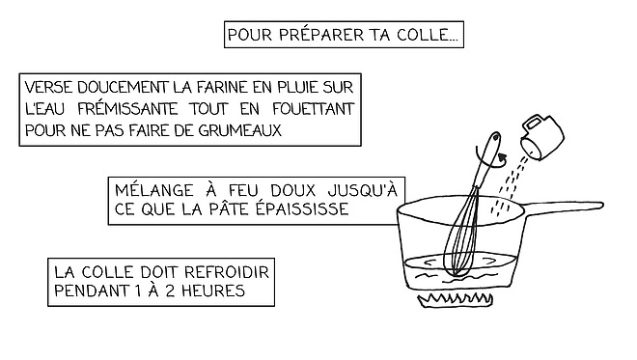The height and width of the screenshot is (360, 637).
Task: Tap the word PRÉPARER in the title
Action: [321, 35]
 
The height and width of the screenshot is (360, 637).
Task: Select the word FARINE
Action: [222, 88]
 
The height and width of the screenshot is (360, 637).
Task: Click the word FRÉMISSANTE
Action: [127, 108]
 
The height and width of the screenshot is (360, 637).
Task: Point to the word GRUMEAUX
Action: [239, 130]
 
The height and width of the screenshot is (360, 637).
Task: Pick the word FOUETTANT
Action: [314, 109]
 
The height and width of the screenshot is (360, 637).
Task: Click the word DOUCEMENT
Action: [123, 88]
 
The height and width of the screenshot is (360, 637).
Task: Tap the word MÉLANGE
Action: [154, 190]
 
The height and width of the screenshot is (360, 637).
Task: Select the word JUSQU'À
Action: [362, 190]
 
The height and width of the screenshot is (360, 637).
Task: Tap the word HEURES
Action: [213, 291]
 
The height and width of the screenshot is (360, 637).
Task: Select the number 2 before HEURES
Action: [171, 291]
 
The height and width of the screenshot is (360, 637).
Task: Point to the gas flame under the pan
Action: [456, 299]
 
